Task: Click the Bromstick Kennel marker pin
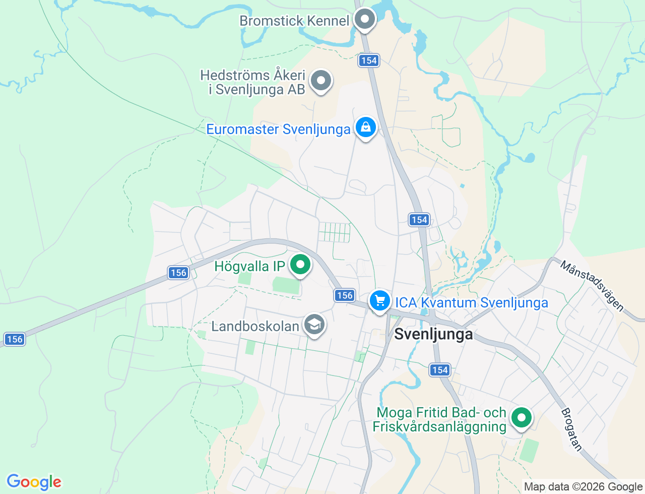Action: tap(364, 20)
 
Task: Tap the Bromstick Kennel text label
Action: tap(294, 21)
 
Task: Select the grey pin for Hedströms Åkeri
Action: tap(320, 81)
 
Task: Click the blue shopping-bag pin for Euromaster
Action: tap(365, 128)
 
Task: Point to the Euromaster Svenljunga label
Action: tap(278, 129)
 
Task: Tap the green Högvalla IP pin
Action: tap(301, 264)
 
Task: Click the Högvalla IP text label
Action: tap(250, 266)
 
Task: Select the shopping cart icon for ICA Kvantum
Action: tap(379, 301)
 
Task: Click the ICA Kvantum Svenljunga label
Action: tap(471, 302)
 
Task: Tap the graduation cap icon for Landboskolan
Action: tap(314, 325)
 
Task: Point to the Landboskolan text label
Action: tap(255, 326)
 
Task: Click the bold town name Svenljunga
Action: tap(433, 334)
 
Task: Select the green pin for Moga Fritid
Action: tap(522, 417)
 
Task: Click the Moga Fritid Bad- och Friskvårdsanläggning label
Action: tap(440, 419)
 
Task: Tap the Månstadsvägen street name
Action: tap(592, 286)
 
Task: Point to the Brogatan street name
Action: tap(571, 429)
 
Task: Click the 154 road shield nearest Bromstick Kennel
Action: tap(369, 60)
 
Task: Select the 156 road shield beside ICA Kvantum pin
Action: tap(345, 295)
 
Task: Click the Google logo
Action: tap(34, 482)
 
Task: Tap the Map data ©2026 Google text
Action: tap(583, 486)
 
